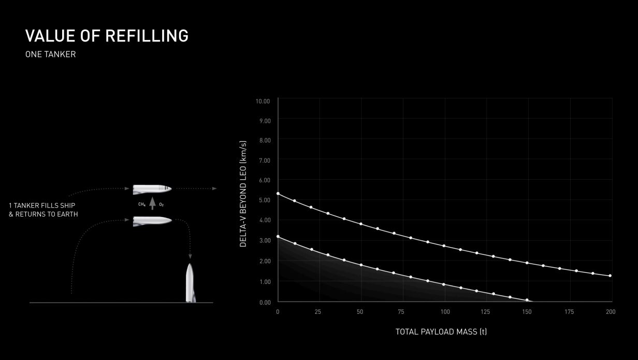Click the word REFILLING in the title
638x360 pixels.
(x=147, y=36)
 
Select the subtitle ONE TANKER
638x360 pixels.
(x=50, y=54)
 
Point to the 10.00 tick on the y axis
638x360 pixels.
(x=263, y=102)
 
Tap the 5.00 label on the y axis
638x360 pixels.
(x=265, y=200)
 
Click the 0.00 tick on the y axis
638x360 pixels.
(x=265, y=303)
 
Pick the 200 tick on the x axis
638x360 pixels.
(x=611, y=312)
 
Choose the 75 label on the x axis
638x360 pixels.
(x=401, y=312)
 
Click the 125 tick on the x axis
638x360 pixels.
(x=485, y=312)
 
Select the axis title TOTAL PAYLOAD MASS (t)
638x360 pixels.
(x=441, y=332)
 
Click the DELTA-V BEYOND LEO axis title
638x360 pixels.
(x=243, y=194)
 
